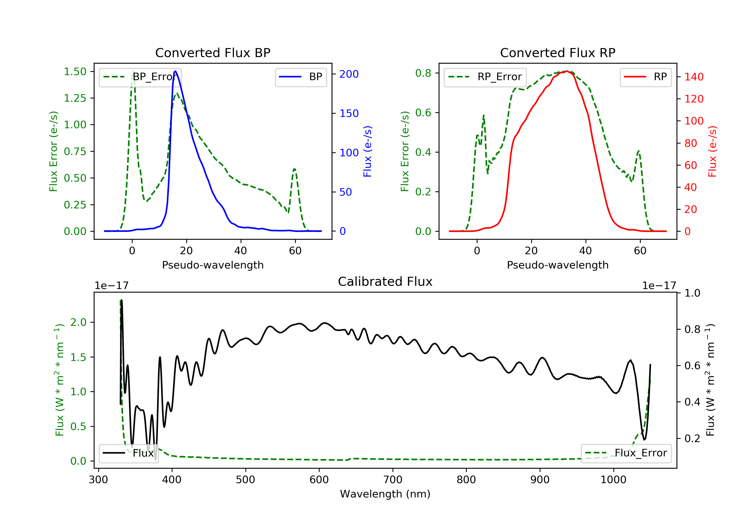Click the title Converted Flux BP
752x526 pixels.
point(213,53)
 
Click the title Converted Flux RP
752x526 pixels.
point(557,53)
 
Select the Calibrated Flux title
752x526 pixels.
point(385,282)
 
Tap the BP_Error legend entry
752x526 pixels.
point(140,77)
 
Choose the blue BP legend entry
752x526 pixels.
point(301,77)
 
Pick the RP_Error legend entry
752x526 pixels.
point(485,77)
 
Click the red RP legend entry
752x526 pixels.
point(645,77)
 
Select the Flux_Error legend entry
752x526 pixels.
point(626,453)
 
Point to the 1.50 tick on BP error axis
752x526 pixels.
point(75,71)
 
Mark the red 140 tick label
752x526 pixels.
point(694,77)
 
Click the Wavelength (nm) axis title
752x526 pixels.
point(385,494)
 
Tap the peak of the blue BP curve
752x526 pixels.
point(175,71)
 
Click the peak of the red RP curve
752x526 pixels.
point(566,71)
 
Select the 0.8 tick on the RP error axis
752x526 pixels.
point(423,73)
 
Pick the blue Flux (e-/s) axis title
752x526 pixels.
point(367,152)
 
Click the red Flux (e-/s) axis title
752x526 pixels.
point(712,152)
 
